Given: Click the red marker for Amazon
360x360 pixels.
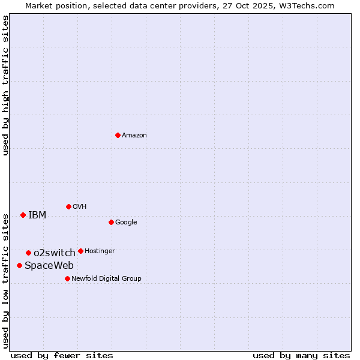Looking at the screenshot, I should click(x=118, y=135).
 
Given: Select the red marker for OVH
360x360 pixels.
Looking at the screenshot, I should click(x=68, y=206).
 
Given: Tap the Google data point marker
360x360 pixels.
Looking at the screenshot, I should click(x=111, y=222).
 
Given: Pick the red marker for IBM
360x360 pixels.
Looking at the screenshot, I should click(x=23, y=215).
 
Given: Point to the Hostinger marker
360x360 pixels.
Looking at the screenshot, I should click(x=80, y=251).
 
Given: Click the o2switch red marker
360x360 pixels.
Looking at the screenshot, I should click(x=28, y=253).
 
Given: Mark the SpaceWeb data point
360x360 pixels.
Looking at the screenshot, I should click(x=19, y=265).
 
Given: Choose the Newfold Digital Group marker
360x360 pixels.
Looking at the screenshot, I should click(x=67, y=278).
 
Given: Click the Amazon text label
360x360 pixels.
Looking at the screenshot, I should click(x=134, y=136).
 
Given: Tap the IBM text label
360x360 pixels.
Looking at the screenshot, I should click(x=37, y=215).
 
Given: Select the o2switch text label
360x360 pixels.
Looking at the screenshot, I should click(x=55, y=253).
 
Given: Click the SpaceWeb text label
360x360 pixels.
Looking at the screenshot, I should click(x=49, y=266).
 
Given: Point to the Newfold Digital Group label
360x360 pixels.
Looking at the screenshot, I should click(x=107, y=278).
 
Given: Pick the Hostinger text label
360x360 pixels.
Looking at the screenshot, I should click(x=100, y=251).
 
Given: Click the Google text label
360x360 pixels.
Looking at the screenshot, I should click(x=126, y=223).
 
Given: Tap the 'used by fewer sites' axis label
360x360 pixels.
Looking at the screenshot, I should click(x=62, y=355).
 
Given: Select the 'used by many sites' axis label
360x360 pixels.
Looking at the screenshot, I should click(x=301, y=355).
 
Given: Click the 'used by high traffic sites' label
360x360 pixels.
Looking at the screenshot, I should click(x=5, y=85).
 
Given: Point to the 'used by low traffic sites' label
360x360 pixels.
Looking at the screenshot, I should click(x=5, y=281).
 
